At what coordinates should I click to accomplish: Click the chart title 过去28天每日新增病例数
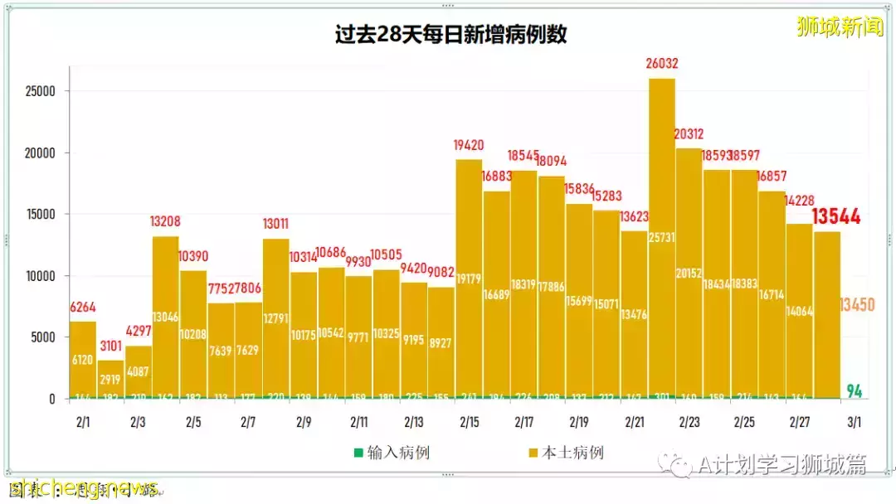450,35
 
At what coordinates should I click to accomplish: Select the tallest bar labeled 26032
661,240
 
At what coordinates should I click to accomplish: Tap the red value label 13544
835,217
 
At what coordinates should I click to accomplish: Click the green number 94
854,390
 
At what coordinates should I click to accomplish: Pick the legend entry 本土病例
566,453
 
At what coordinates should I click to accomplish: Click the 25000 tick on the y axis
40,91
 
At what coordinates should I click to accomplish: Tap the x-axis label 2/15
469,423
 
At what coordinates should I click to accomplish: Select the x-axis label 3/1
854,423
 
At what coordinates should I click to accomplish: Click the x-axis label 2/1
83,423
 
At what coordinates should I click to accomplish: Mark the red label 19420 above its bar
469,145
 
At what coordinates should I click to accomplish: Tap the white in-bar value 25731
661,261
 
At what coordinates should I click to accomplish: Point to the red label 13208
165,222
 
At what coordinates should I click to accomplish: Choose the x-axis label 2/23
689,423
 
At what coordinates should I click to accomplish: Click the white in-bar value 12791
275,294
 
